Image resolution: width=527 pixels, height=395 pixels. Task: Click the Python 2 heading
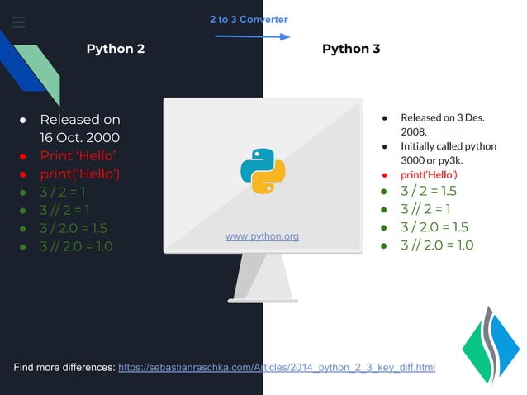pos(116,49)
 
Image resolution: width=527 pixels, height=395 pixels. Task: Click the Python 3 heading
pos(351,49)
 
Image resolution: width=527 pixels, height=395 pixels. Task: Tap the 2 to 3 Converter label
pos(249,20)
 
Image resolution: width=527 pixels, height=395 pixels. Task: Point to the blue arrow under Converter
pos(252,36)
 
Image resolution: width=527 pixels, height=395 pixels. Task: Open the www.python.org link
pos(262,237)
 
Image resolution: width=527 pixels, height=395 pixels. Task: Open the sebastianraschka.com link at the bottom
pos(277,367)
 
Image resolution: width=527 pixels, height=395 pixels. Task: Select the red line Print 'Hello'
pos(77,156)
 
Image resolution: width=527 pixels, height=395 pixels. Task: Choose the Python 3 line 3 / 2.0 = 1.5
pos(434,227)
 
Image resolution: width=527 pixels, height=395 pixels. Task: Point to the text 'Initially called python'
pos(449,146)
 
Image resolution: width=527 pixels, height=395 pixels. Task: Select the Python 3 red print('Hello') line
pos(429,175)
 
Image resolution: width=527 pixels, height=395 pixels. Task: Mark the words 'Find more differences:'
pos(64,367)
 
